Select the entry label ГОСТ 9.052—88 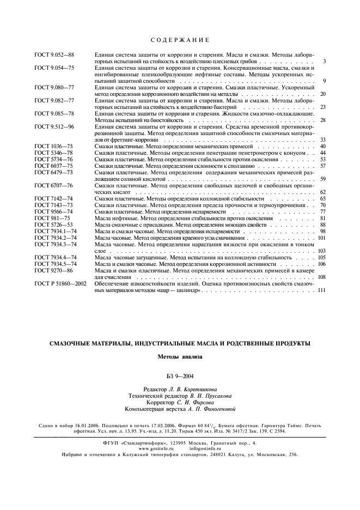pyautogui.click(x=54, y=55)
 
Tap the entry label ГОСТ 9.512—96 pyautogui.click(x=54, y=126)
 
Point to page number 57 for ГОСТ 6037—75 pyautogui.click(x=322, y=166)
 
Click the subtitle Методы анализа pyautogui.click(x=179, y=357)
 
